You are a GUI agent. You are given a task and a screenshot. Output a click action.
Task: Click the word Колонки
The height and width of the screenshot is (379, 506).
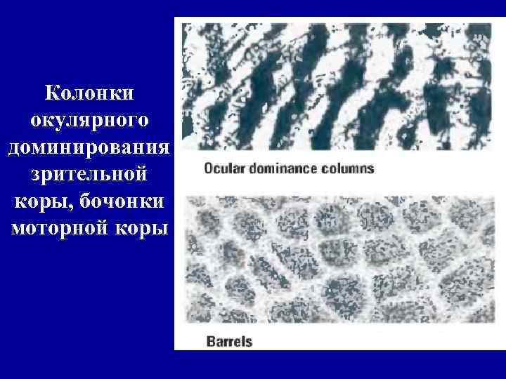click(x=89, y=93)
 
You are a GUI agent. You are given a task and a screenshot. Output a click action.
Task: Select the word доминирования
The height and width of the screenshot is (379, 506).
click(x=89, y=148)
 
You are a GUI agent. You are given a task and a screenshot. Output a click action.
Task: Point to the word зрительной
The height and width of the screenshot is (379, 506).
click(x=89, y=175)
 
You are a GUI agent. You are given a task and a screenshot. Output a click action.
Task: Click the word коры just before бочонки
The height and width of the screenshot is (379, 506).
click(x=36, y=202)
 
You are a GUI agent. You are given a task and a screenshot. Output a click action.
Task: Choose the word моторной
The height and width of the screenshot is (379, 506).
click(x=60, y=229)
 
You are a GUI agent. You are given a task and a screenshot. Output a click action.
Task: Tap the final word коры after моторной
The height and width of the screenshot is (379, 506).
click(x=143, y=229)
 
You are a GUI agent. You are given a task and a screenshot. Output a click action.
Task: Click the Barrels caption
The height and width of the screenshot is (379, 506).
click(x=229, y=342)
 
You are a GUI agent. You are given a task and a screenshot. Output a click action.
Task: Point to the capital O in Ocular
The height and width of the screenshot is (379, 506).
click(x=209, y=168)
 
